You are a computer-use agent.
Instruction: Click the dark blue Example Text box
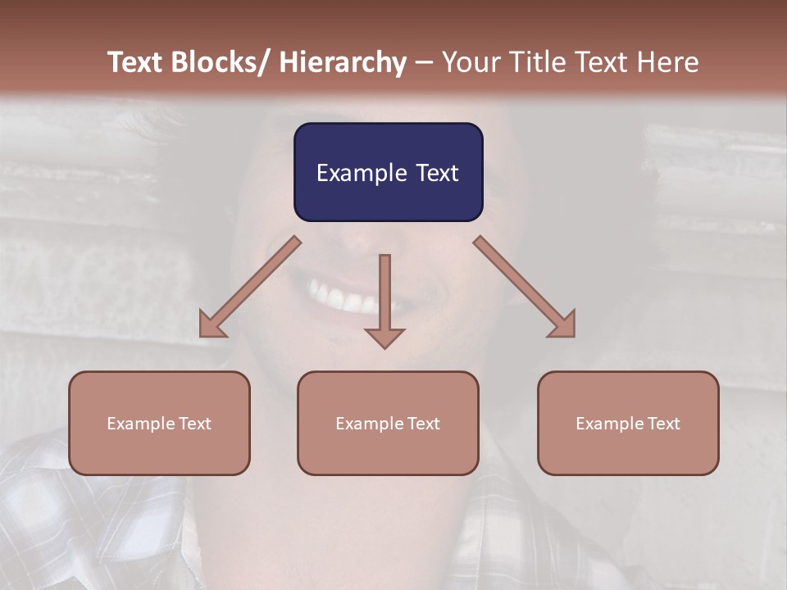coord(388,172)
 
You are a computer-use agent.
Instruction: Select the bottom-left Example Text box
coord(159,423)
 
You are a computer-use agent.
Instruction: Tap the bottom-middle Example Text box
coord(388,423)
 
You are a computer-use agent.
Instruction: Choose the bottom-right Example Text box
coord(628,423)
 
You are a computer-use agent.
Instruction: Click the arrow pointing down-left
coord(250,287)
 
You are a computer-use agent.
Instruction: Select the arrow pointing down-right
coord(525,287)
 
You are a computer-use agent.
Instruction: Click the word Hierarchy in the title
coord(343,62)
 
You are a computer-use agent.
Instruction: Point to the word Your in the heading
coord(467,62)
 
